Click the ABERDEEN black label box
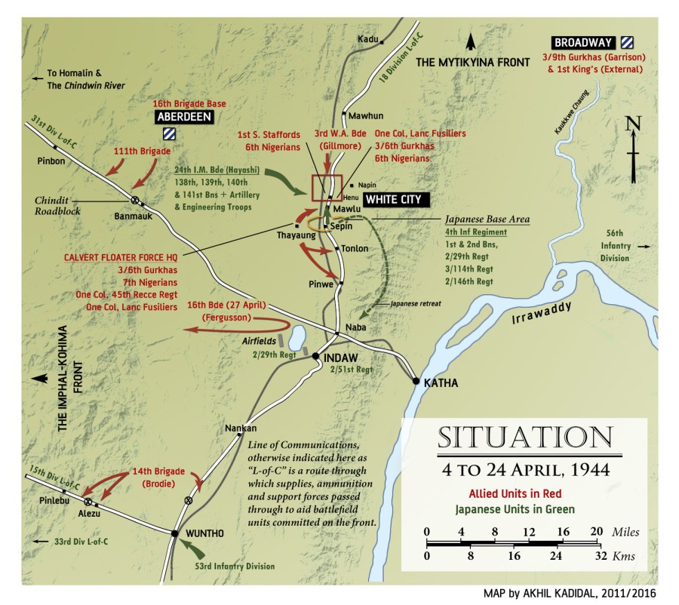pos(184,117)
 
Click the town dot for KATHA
pos(416,382)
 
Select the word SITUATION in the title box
pos(524,438)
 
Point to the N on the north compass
pos(633,125)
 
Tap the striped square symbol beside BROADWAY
pos(628,42)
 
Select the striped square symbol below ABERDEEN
pos(170,135)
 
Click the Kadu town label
pos(368,39)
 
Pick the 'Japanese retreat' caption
pos(415,303)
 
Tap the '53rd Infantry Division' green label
pos(235,566)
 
